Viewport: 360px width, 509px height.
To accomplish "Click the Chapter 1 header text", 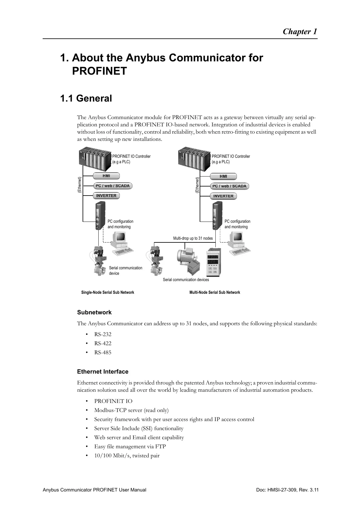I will coord(300,32).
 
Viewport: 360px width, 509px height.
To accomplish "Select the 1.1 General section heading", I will coord(86,99).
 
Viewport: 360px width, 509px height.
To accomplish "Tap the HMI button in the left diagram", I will coord(106,176).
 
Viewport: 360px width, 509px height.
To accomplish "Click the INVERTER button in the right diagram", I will coord(223,196).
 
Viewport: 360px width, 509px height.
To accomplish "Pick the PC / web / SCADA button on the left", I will coord(113,186).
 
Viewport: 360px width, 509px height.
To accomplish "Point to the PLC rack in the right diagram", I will coord(194,160).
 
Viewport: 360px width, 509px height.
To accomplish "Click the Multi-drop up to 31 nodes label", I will coord(193,238).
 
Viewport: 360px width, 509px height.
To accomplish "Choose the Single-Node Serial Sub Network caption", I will coord(108,292).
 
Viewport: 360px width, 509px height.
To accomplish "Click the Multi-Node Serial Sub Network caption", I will coord(214,292).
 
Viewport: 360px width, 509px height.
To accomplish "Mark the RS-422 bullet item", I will coord(103,343).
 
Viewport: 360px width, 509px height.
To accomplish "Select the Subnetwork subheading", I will coord(94,313).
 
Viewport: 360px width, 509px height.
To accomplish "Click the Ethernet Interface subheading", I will coord(103,372).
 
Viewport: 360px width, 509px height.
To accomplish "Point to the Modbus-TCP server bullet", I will coord(131,410).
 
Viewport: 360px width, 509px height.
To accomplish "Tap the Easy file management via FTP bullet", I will coord(130,446).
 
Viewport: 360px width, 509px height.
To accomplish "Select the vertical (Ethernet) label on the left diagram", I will coord(79,185).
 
